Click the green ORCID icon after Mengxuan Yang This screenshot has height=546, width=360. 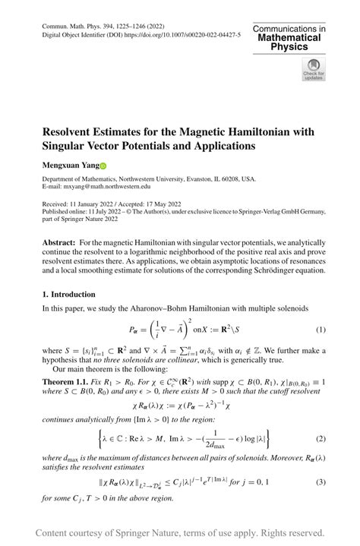pyautogui.click(x=104, y=166)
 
